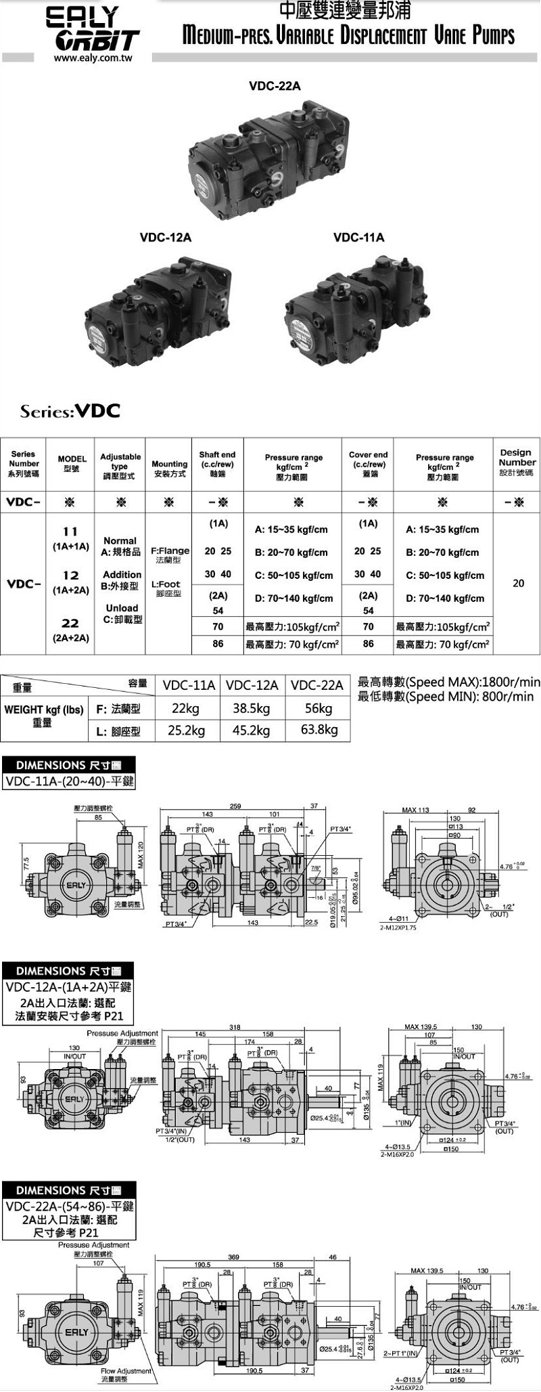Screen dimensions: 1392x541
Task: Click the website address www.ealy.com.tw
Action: pos(93,58)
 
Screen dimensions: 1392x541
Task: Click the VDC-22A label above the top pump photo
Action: pos(275,86)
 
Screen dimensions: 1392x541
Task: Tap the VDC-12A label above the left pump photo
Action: pos(166,238)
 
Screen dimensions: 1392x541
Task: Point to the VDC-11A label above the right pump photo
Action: pos(358,238)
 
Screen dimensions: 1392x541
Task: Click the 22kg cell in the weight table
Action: pos(186,708)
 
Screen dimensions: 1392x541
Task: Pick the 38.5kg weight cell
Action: pos(251,708)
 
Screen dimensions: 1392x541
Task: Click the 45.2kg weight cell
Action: pos(251,730)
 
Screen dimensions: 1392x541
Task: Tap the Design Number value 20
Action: pos(518,583)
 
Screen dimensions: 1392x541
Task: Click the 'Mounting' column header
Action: pos(169,469)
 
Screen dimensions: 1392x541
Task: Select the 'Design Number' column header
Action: pos(517,462)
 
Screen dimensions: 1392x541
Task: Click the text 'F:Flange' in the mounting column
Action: pos(170,551)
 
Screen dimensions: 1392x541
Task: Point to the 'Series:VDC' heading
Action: pos(70,411)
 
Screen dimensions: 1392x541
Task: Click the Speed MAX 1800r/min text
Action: pos(448,682)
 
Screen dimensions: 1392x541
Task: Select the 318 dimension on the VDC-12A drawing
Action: pos(235,1027)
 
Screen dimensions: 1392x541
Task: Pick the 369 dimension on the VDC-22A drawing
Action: pos(233,1257)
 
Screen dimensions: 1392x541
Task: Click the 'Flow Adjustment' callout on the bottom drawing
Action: pos(126,1371)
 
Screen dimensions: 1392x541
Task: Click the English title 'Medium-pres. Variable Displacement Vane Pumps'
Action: pos(348,35)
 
